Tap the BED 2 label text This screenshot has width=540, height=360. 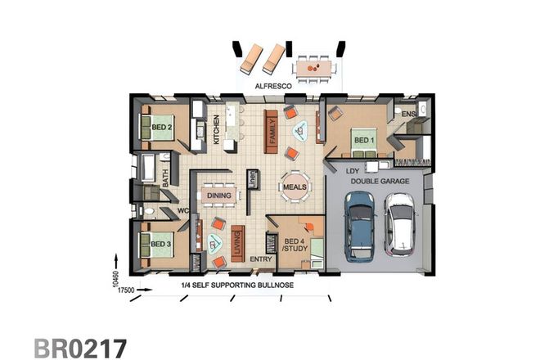(161, 128)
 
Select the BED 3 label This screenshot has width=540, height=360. (160, 243)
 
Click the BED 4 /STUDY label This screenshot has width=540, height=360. (295, 243)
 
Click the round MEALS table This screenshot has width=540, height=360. (295, 187)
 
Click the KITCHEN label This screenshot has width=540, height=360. (217, 129)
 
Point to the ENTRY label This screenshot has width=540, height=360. (260, 261)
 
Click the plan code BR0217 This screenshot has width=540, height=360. (80, 344)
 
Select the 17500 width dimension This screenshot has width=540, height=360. (125, 289)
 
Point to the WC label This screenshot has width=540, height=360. (185, 211)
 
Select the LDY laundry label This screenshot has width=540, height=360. (353, 171)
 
